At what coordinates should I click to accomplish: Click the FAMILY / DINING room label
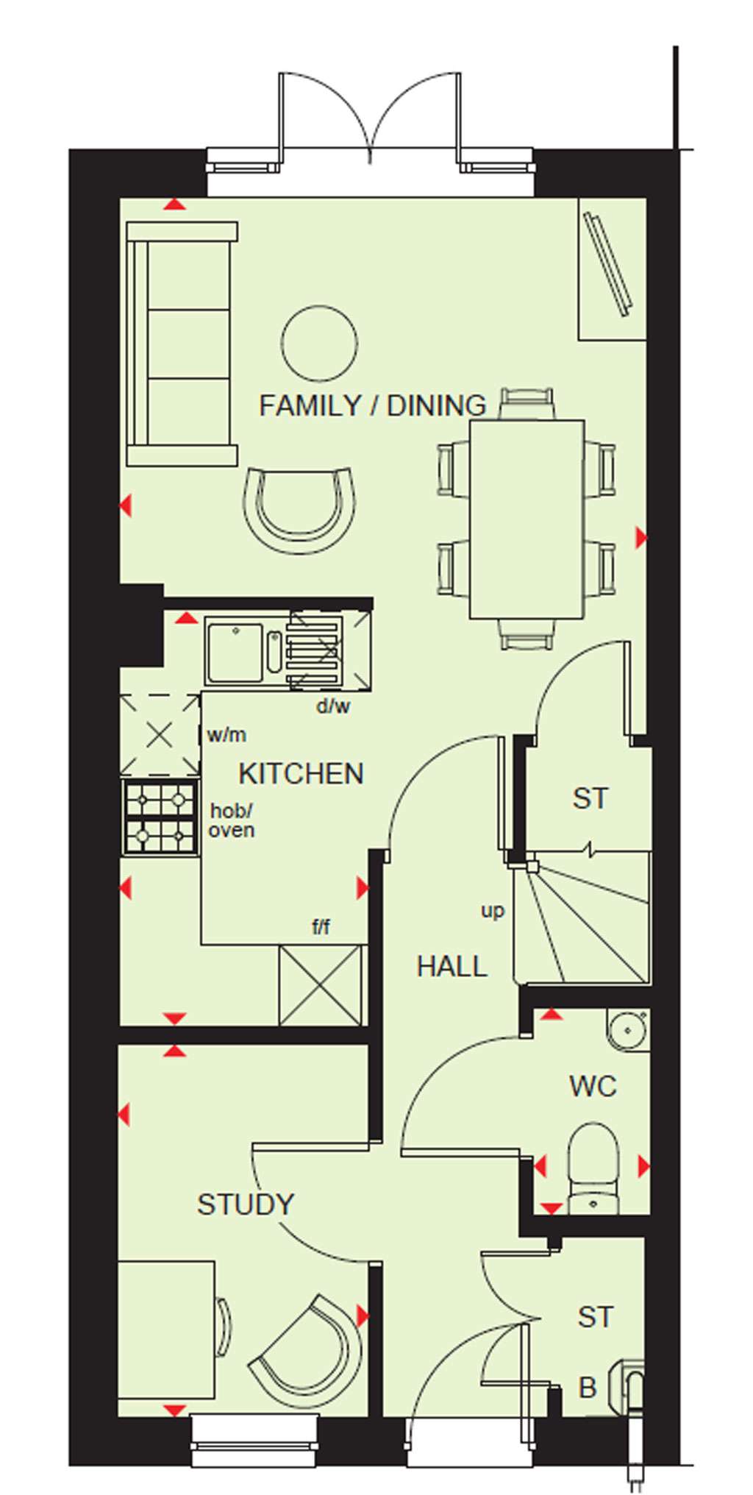click(x=373, y=405)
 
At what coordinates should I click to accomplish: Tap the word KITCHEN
click(x=301, y=774)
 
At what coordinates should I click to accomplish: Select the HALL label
click(x=452, y=966)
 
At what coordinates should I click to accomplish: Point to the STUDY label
click(x=246, y=1204)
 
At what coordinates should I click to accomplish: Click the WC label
click(x=593, y=1086)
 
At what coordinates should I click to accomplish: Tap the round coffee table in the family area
click(x=319, y=344)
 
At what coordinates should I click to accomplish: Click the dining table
click(x=527, y=519)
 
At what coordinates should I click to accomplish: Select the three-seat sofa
click(x=182, y=344)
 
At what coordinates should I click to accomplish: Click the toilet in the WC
click(x=594, y=1168)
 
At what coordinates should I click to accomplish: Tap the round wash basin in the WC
click(x=629, y=1030)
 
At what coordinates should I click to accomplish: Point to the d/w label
click(x=333, y=706)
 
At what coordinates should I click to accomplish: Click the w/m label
click(x=226, y=734)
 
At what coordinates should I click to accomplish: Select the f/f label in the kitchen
click(x=321, y=927)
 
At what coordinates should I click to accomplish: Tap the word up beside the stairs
click(x=493, y=911)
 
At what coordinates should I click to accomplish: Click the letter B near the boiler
click(x=587, y=1388)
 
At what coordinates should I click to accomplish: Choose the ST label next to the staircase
click(x=590, y=798)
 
